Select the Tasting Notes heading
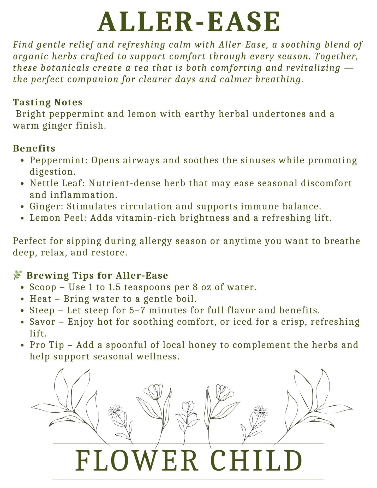click(48, 102)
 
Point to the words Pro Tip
click(47, 345)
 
